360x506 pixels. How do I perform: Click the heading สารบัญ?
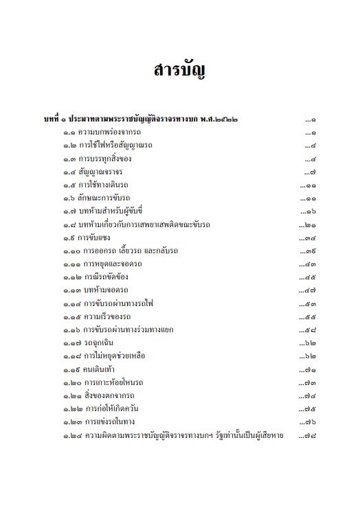pos(180,71)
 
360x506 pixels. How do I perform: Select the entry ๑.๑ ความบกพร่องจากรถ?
pos(101,132)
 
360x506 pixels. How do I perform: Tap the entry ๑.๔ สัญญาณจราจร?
pos(95,172)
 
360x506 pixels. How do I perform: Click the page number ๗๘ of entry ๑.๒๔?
pos(310,436)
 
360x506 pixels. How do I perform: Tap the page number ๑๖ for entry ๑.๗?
pos(310,211)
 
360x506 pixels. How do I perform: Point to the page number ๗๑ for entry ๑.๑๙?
pos(310,370)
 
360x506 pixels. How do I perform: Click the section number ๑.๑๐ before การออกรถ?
pos(71,251)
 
